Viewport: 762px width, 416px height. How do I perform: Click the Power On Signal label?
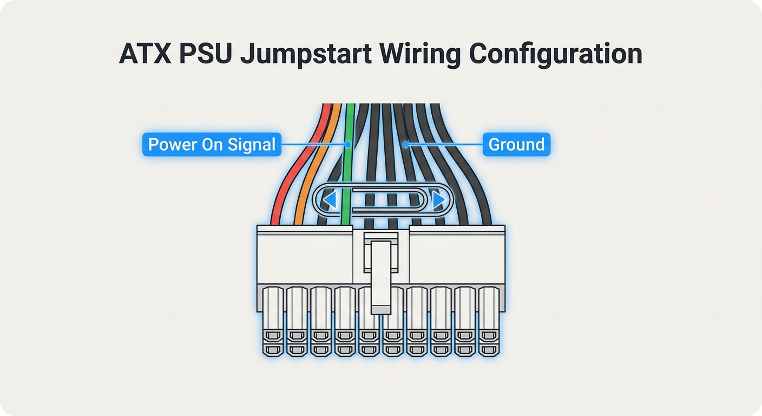point(212,145)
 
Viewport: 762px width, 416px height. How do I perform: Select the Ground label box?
point(516,145)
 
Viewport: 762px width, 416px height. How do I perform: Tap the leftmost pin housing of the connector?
point(273,320)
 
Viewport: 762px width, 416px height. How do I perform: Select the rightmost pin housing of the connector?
point(489,320)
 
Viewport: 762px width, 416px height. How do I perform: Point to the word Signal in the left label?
point(251,145)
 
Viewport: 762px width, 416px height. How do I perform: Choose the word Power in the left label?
point(167,145)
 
